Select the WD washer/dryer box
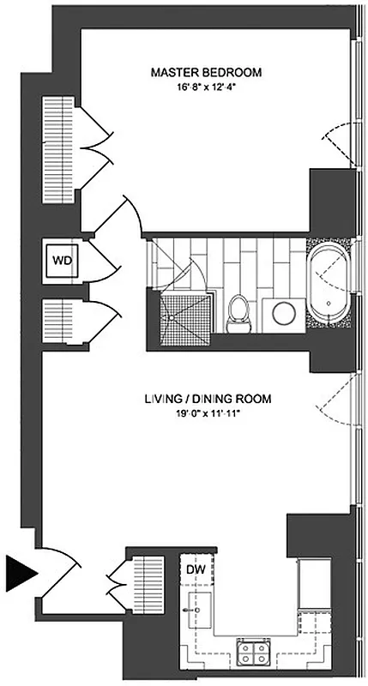coord(61,260)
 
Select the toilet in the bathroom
coord(238,313)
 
